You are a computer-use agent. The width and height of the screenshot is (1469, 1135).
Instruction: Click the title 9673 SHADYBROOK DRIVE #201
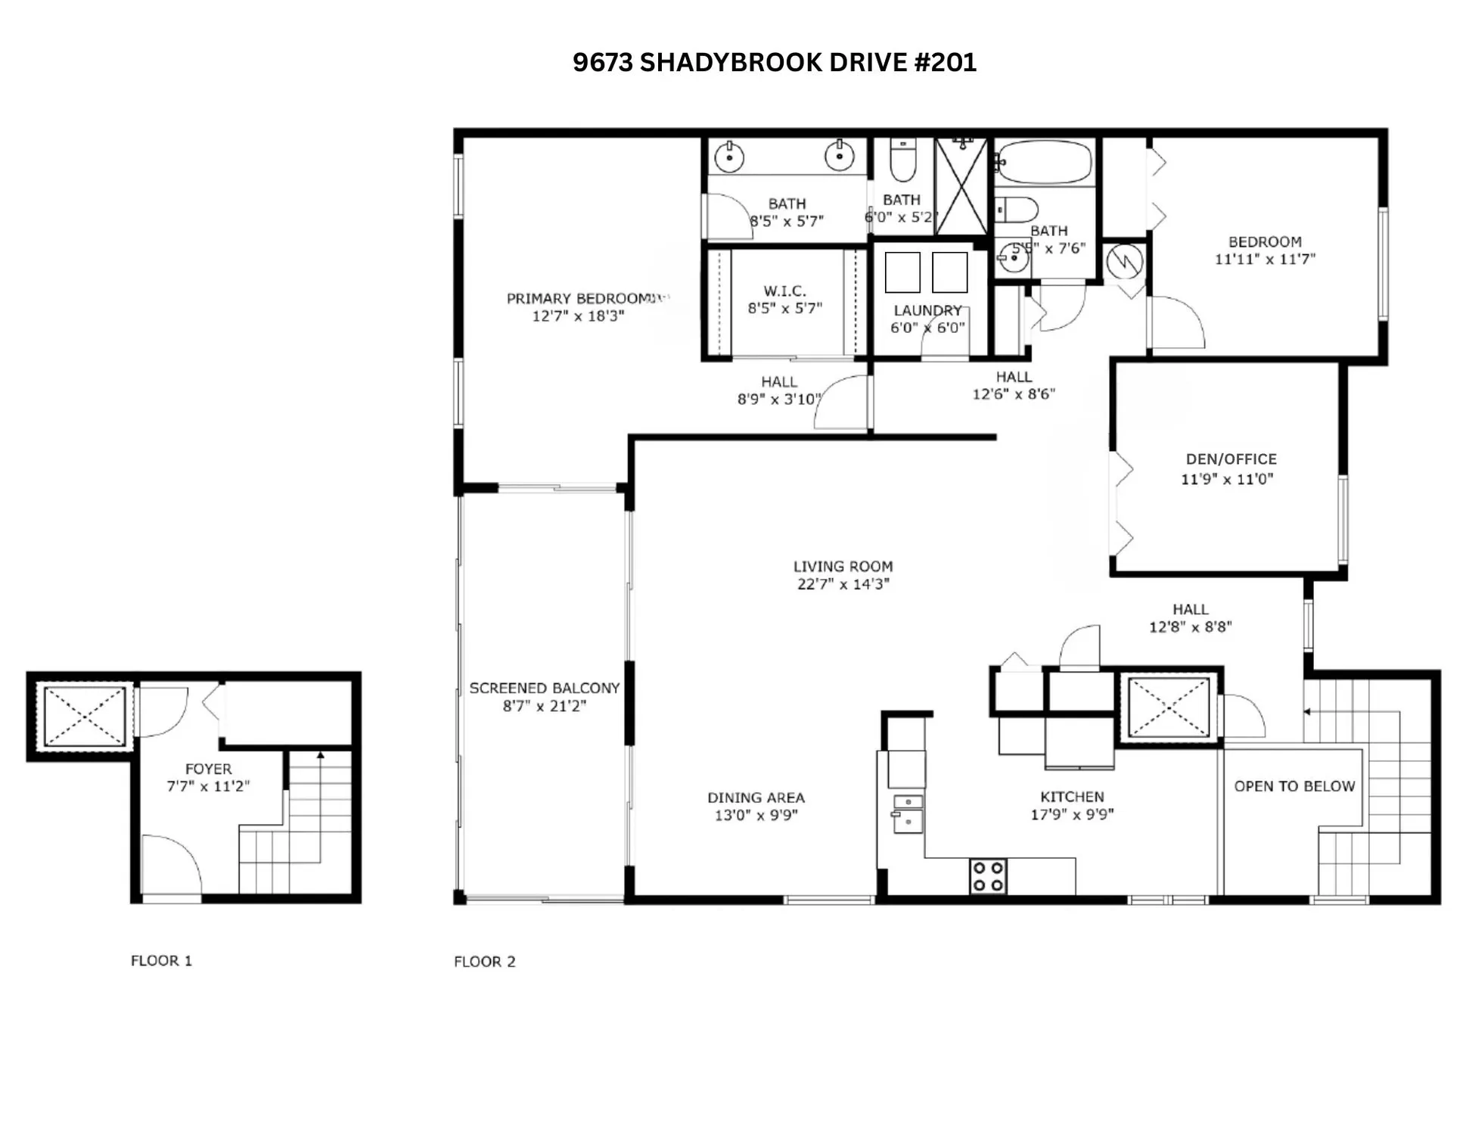774,62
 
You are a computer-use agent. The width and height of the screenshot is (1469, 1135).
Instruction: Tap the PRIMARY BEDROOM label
579,298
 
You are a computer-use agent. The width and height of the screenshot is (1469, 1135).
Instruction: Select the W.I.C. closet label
784,291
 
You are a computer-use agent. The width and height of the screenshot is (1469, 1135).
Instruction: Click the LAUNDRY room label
927,310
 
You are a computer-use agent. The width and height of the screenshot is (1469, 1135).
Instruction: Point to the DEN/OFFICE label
1231,459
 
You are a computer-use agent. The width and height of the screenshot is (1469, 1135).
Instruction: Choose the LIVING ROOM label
843,566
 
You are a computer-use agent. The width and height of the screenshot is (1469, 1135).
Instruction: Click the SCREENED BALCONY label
544,688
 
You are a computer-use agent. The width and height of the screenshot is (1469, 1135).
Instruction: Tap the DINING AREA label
756,798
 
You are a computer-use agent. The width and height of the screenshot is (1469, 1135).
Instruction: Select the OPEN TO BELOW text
1294,786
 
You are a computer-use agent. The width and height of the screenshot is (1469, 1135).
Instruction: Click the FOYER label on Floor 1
208,769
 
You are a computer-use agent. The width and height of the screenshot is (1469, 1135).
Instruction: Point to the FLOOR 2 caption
484,962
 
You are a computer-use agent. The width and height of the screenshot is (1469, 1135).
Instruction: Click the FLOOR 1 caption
161,961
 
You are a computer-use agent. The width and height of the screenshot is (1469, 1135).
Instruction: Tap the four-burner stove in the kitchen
988,876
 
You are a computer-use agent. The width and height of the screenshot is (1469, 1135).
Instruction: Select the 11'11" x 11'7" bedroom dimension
1265,259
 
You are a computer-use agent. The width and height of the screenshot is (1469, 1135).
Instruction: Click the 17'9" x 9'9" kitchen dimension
1072,815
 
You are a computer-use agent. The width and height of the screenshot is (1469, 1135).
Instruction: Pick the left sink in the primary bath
729,157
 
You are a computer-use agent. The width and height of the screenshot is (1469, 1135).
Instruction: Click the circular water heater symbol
1125,262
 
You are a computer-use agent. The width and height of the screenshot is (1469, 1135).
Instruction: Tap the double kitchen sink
908,812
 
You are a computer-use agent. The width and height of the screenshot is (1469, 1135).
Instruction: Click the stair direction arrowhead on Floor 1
321,755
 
